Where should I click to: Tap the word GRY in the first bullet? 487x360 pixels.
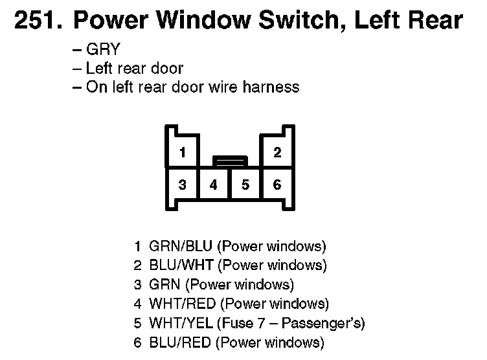tap(103, 50)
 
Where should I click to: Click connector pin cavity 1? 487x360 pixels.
tap(183, 153)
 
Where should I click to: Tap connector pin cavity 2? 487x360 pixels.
tap(277, 153)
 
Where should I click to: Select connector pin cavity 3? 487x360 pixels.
tap(183, 185)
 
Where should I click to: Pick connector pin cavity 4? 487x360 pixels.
tap(214, 185)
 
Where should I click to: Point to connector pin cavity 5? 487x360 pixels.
tap(245, 185)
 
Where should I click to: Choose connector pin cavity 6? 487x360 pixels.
tap(277, 185)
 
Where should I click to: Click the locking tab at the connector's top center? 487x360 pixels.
tap(230, 160)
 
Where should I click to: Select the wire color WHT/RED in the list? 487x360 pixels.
tap(183, 304)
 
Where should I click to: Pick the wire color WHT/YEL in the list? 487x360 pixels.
tap(182, 324)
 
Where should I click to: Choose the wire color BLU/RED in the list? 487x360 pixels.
tap(181, 343)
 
